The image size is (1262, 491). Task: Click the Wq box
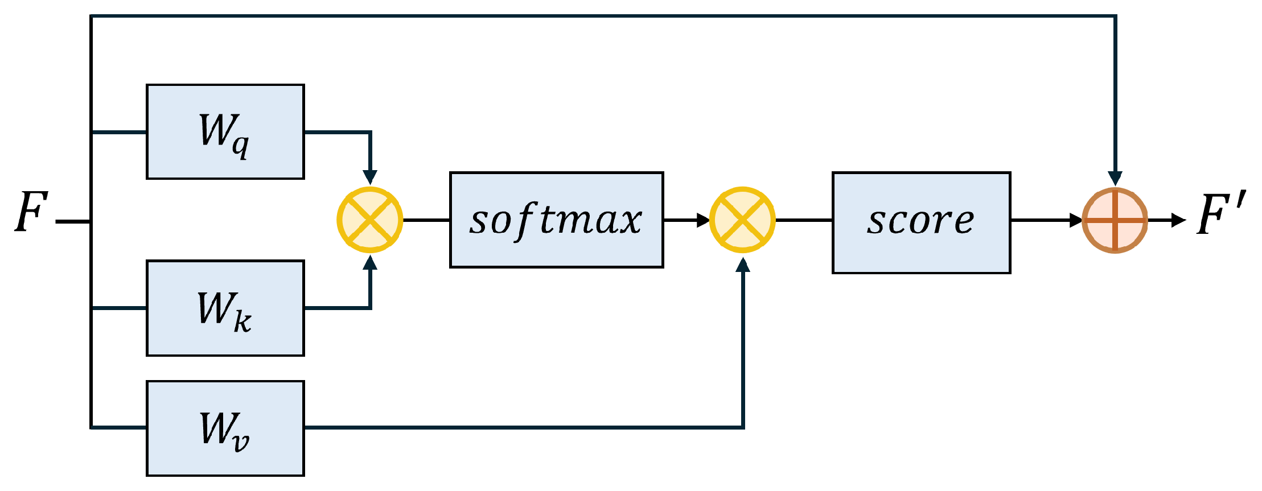click(x=225, y=132)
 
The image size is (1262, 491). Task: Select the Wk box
click(x=225, y=308)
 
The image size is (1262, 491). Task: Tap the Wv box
click(x=225, y=428)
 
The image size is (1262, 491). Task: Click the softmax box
click(x=556, y=220)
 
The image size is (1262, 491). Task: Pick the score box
click(x=921, y=222)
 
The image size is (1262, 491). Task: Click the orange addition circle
click(x=1115, y=220)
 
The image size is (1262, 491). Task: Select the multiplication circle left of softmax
click(x=370, y=220)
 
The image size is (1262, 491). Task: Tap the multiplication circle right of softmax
click(x=742, y=220)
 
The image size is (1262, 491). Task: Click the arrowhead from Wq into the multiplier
click(x=370, y=177)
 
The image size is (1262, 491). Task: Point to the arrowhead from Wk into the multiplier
click(x=370, y=263)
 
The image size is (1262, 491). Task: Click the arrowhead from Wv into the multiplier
click(x=742, y=265)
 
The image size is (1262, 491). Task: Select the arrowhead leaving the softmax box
click(x=703, y=220)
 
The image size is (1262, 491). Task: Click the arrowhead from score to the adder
click(x=1075, y=220)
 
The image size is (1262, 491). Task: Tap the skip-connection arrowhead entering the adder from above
click(x=1115, y=179)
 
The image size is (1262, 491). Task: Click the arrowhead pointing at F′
click(x=1178, y=220)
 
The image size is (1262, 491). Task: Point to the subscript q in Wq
click(x=240, y=146)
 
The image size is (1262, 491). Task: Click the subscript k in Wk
click(x=242, y=322)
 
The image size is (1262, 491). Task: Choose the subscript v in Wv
click(x=240, y=442)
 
